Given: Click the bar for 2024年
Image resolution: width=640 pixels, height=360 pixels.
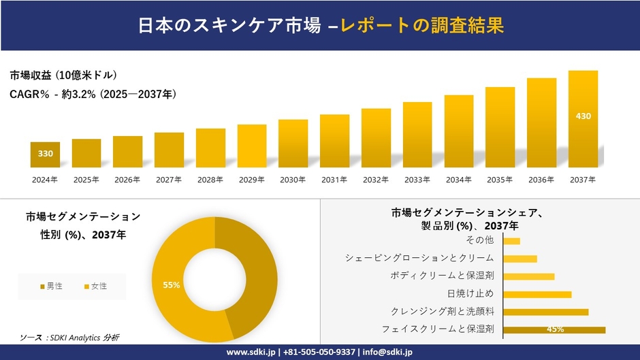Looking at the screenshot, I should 45,154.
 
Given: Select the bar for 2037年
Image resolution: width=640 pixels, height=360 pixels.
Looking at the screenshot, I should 583,119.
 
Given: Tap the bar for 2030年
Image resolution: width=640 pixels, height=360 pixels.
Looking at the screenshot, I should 293,144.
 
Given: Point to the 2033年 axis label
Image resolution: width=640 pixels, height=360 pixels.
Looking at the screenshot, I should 417,180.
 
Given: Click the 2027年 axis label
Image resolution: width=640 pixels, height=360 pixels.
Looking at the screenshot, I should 169,180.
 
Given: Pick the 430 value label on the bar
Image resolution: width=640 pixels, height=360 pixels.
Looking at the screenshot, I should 583,116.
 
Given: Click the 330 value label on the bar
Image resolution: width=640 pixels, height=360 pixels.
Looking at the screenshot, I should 45,154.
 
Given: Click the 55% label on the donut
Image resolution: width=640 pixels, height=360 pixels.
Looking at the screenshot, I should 171,285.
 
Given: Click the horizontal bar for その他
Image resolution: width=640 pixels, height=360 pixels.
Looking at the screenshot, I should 511,241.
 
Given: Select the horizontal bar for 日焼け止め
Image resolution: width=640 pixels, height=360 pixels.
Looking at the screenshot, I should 537,294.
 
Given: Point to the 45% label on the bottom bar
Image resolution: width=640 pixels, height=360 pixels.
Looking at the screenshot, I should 555,329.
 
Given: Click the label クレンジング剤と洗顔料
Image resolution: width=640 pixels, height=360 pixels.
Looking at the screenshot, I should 443,312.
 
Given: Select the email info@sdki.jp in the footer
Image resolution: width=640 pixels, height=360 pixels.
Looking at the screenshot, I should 388,352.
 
